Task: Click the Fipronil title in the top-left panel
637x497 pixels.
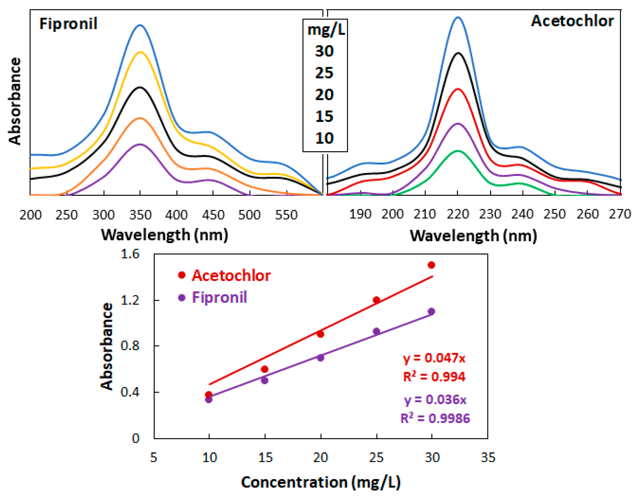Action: pos(68,24)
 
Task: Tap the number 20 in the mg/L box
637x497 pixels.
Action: pos(324,95)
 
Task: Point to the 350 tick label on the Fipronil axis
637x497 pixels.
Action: pos(140,215)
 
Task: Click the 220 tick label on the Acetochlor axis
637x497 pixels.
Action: pos(458,214)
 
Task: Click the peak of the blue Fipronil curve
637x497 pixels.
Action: pos(140,25)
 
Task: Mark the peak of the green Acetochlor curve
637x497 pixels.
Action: pos(458,151)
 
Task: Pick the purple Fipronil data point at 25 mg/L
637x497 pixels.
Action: pos(376,331)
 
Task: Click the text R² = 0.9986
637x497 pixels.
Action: pos(435,419)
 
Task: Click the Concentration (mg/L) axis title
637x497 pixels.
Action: pos(321,482)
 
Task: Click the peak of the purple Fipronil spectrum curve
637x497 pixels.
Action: pos(140,144)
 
